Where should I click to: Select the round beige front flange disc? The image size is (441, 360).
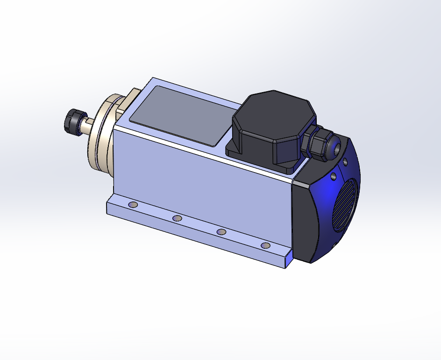[100, 136]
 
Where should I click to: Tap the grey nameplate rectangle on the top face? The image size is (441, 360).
[182, 115]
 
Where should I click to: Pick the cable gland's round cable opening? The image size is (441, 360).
[335, 147]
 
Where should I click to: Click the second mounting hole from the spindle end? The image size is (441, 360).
[177, 218]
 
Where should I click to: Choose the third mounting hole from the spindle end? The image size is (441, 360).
[221, 232]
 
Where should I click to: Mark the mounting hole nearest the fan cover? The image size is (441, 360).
[266, 245]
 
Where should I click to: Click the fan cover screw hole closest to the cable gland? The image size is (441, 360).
[345, 162]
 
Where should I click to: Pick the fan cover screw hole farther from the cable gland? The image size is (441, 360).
[334, 177]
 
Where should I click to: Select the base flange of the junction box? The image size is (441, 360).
[262, 159]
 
